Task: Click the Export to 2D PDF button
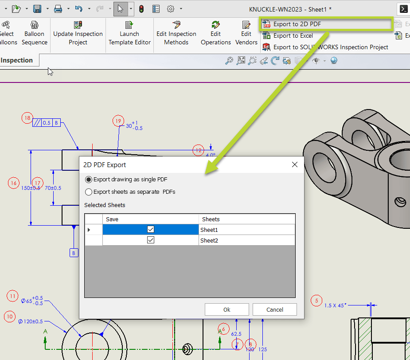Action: [x=297, y=24]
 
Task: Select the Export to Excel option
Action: [x=293, y=36]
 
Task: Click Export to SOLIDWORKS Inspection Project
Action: [x=330, y=47]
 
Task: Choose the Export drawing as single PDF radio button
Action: [x=89, y=180]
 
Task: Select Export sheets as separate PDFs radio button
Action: [x=89, y=192]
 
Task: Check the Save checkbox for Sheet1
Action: [x=151, y=229]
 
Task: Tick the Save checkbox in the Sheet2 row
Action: [x=151, y=240]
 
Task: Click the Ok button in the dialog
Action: [x=226, y=309]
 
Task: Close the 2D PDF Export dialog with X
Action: [x=295, y=165]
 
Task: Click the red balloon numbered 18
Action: [x=27, y=118]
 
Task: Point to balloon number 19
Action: [x=118, y=121]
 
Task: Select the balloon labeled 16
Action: [x=14, y=183]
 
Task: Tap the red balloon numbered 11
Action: [x=13, y=296]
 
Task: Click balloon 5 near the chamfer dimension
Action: [x=316, y=301]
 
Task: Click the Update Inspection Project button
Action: [x=78, y=33]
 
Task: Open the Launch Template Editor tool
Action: [x=129, y=33]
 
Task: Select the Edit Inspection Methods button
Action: [x=176, y=33]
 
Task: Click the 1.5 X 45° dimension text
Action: [x=335, y=305]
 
